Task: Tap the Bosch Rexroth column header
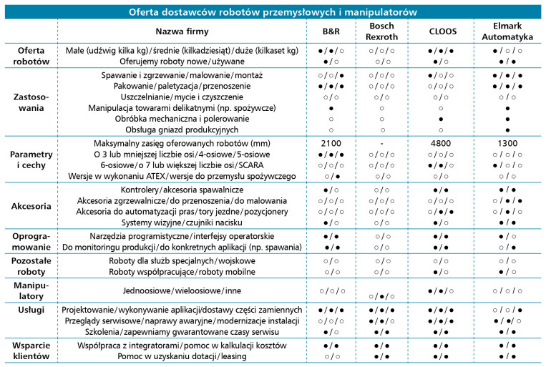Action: coord(381,31)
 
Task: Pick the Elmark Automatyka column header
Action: coord(506,31)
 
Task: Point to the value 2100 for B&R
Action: coord(331,142)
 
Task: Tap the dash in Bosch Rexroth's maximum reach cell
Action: coord(381,142)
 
